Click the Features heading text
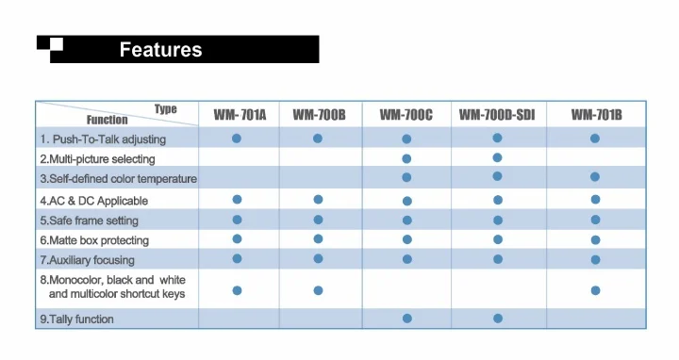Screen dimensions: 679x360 [160, 50]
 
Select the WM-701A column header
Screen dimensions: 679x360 [240, 115]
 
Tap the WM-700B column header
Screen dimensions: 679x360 [319, 115]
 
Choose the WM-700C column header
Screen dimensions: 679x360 [406, 115]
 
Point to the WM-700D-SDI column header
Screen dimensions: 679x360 [497, 115]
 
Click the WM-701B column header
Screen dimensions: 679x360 [596, 115]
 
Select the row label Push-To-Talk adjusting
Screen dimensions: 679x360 [103, 139]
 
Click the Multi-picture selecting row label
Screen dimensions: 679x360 [97, 159]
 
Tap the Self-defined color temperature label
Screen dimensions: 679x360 [119, 179]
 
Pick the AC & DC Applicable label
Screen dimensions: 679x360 [94, 201]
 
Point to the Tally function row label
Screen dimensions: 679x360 [76, 319]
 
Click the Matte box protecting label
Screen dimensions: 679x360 [94, 240]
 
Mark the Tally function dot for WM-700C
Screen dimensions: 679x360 [407, 319]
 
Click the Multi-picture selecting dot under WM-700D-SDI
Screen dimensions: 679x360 [497, 158]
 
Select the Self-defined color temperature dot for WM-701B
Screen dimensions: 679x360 [595, 177]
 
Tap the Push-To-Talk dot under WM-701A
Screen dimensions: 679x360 [237, 139]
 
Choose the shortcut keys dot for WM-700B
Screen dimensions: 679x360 [319, 290]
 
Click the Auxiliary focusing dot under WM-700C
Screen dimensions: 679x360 [407, 259]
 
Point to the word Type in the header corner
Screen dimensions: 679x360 [166, 108]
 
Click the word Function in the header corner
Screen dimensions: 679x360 [107, 120]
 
